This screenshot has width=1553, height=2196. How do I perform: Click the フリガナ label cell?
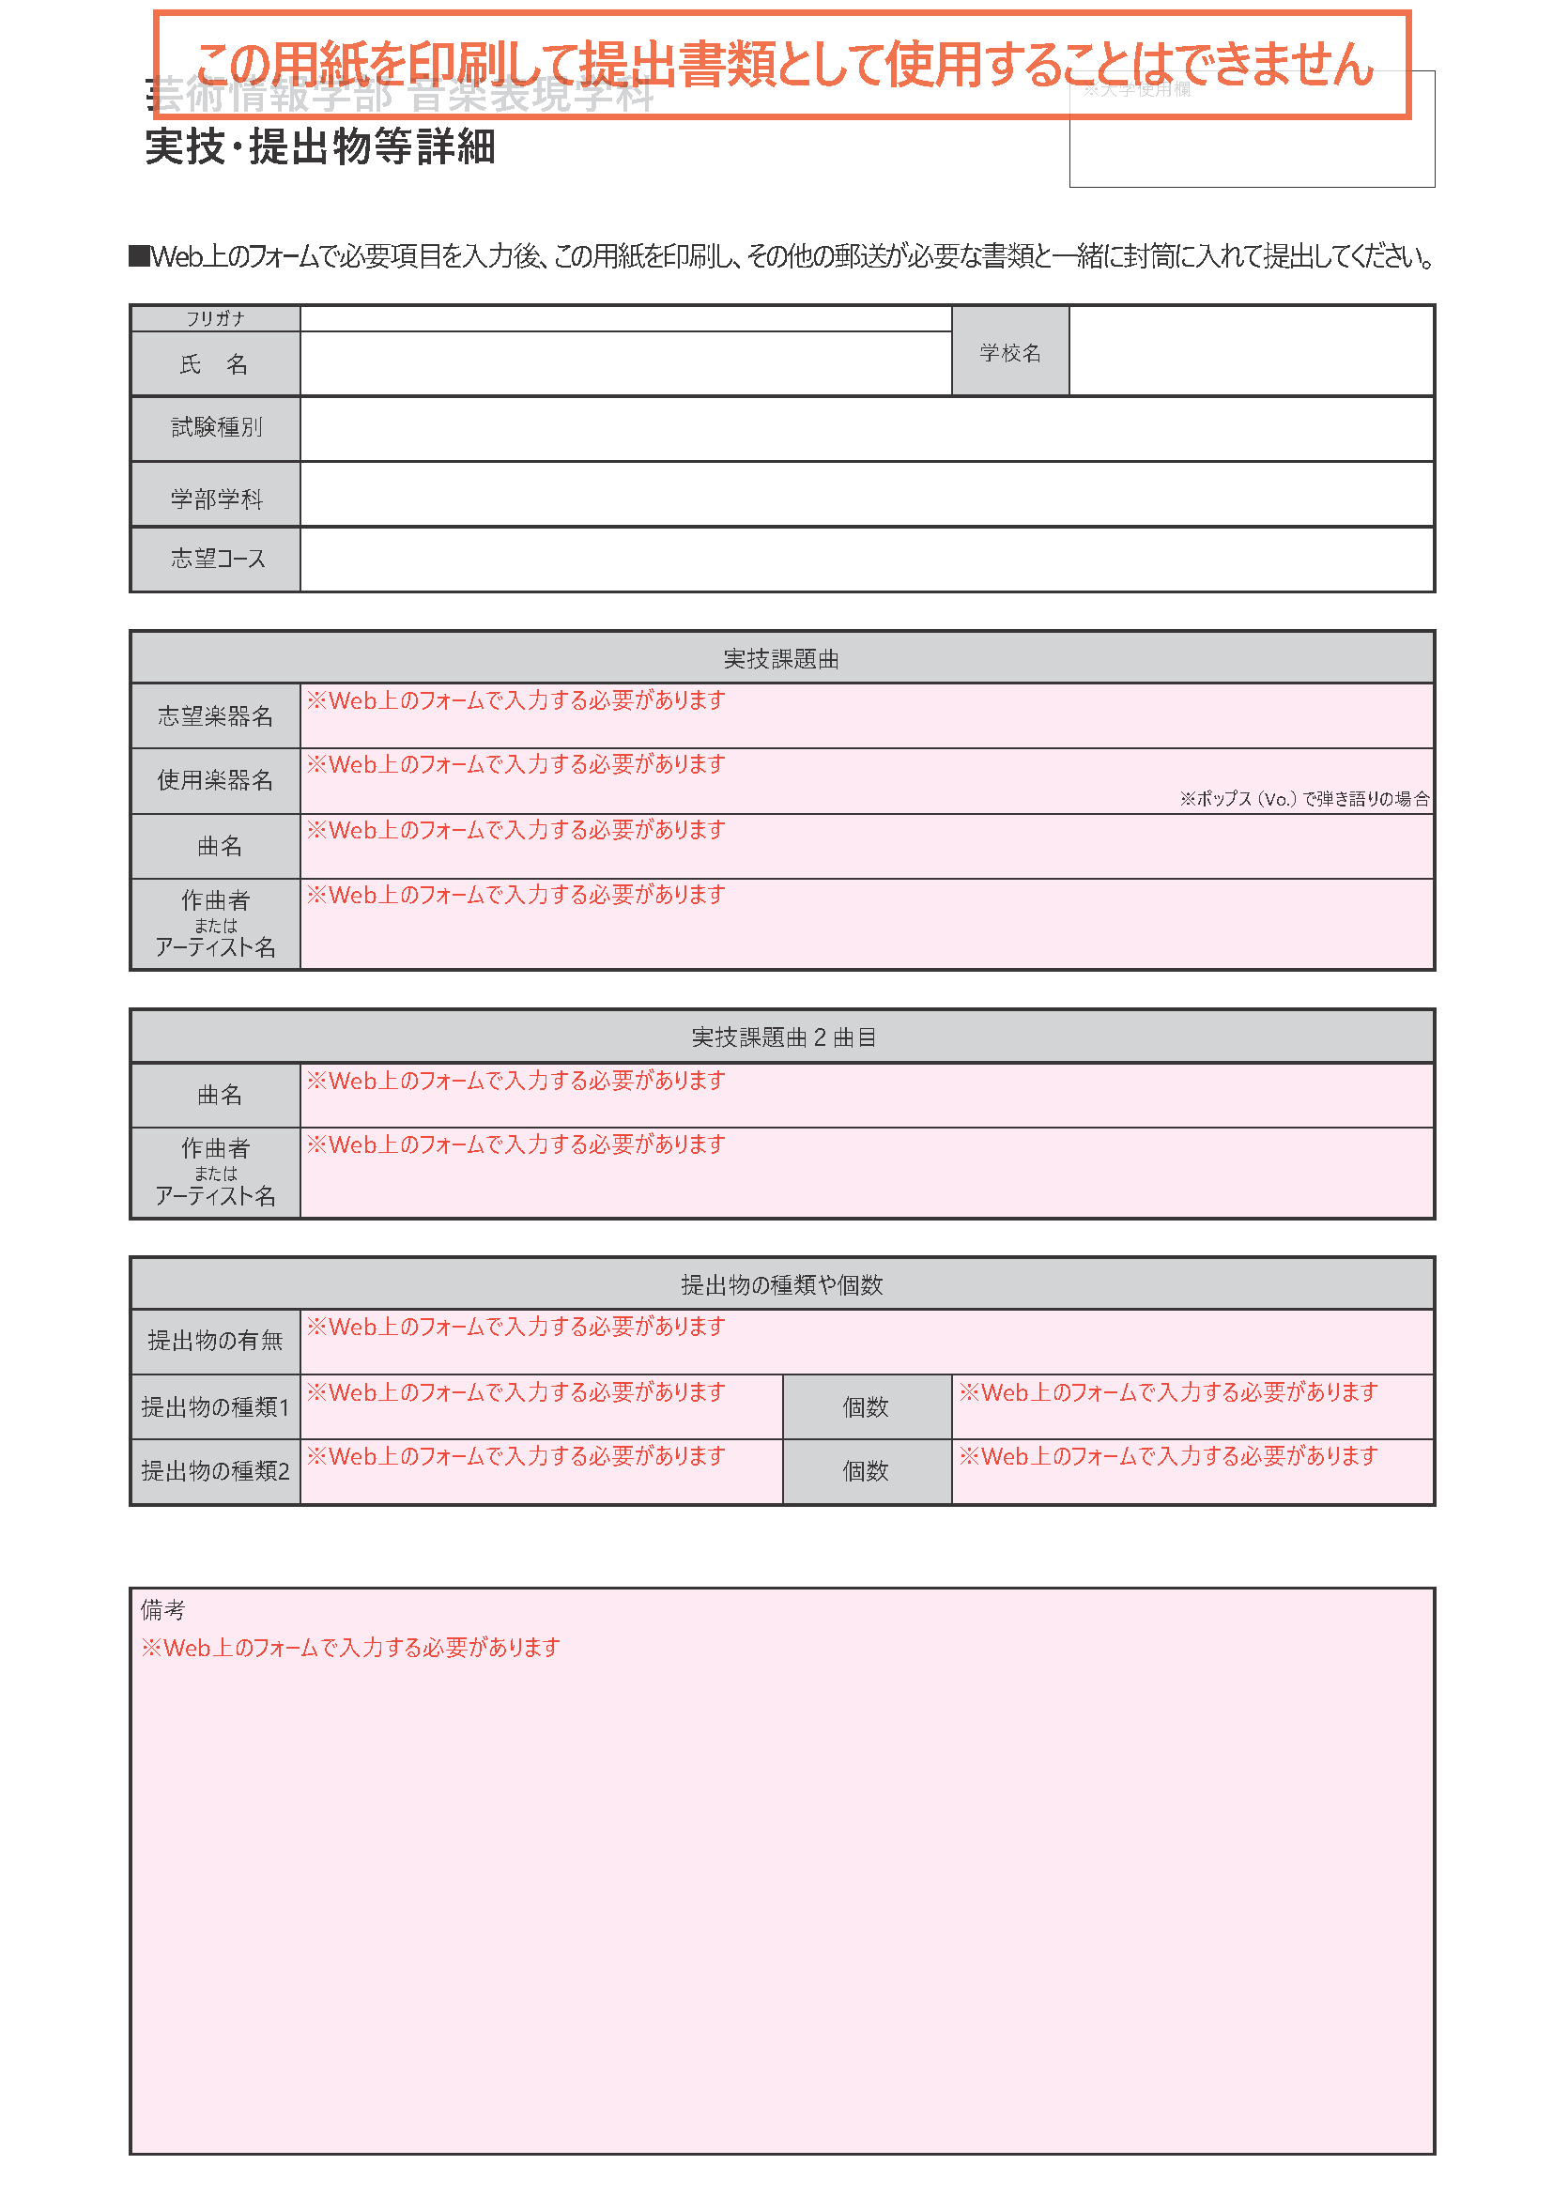tap(215, 318)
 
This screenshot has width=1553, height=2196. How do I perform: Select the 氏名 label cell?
tap(215, 364)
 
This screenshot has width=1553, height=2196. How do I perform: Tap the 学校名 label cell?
tap(1010, 352)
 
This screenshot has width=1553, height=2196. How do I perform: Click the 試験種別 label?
tap(216, 427)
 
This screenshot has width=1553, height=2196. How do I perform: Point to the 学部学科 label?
tap(216, 499)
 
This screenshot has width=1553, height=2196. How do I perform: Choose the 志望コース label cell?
tap(217, 559)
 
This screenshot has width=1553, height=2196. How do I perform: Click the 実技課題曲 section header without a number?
tap(780, 659)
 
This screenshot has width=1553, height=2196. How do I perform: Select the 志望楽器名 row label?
tap(215, 715)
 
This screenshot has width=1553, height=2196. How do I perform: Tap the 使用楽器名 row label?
tap(215, 780)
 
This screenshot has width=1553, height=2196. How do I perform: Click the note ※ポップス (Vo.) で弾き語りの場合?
tap(1304, 799)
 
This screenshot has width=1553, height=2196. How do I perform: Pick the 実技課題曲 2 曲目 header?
tap(782, 1037)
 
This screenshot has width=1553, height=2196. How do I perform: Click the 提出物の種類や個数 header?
tap(780, 1284)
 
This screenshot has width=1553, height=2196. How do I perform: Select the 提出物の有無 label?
tap(215, 1341)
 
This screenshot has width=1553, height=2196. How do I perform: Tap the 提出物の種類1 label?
tap(215, 1407)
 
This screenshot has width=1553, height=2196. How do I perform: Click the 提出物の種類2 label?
tap(215, 1471)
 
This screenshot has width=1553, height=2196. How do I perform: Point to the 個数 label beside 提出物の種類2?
tap(866, 1471)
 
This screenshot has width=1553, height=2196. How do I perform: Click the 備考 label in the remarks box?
tap(162, 1610)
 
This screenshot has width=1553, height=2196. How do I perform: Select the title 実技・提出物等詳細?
tap(320, 147)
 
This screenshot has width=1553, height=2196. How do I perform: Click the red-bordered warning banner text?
tap(782, 65)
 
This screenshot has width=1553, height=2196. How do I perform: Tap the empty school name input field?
tap(1251, 351)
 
